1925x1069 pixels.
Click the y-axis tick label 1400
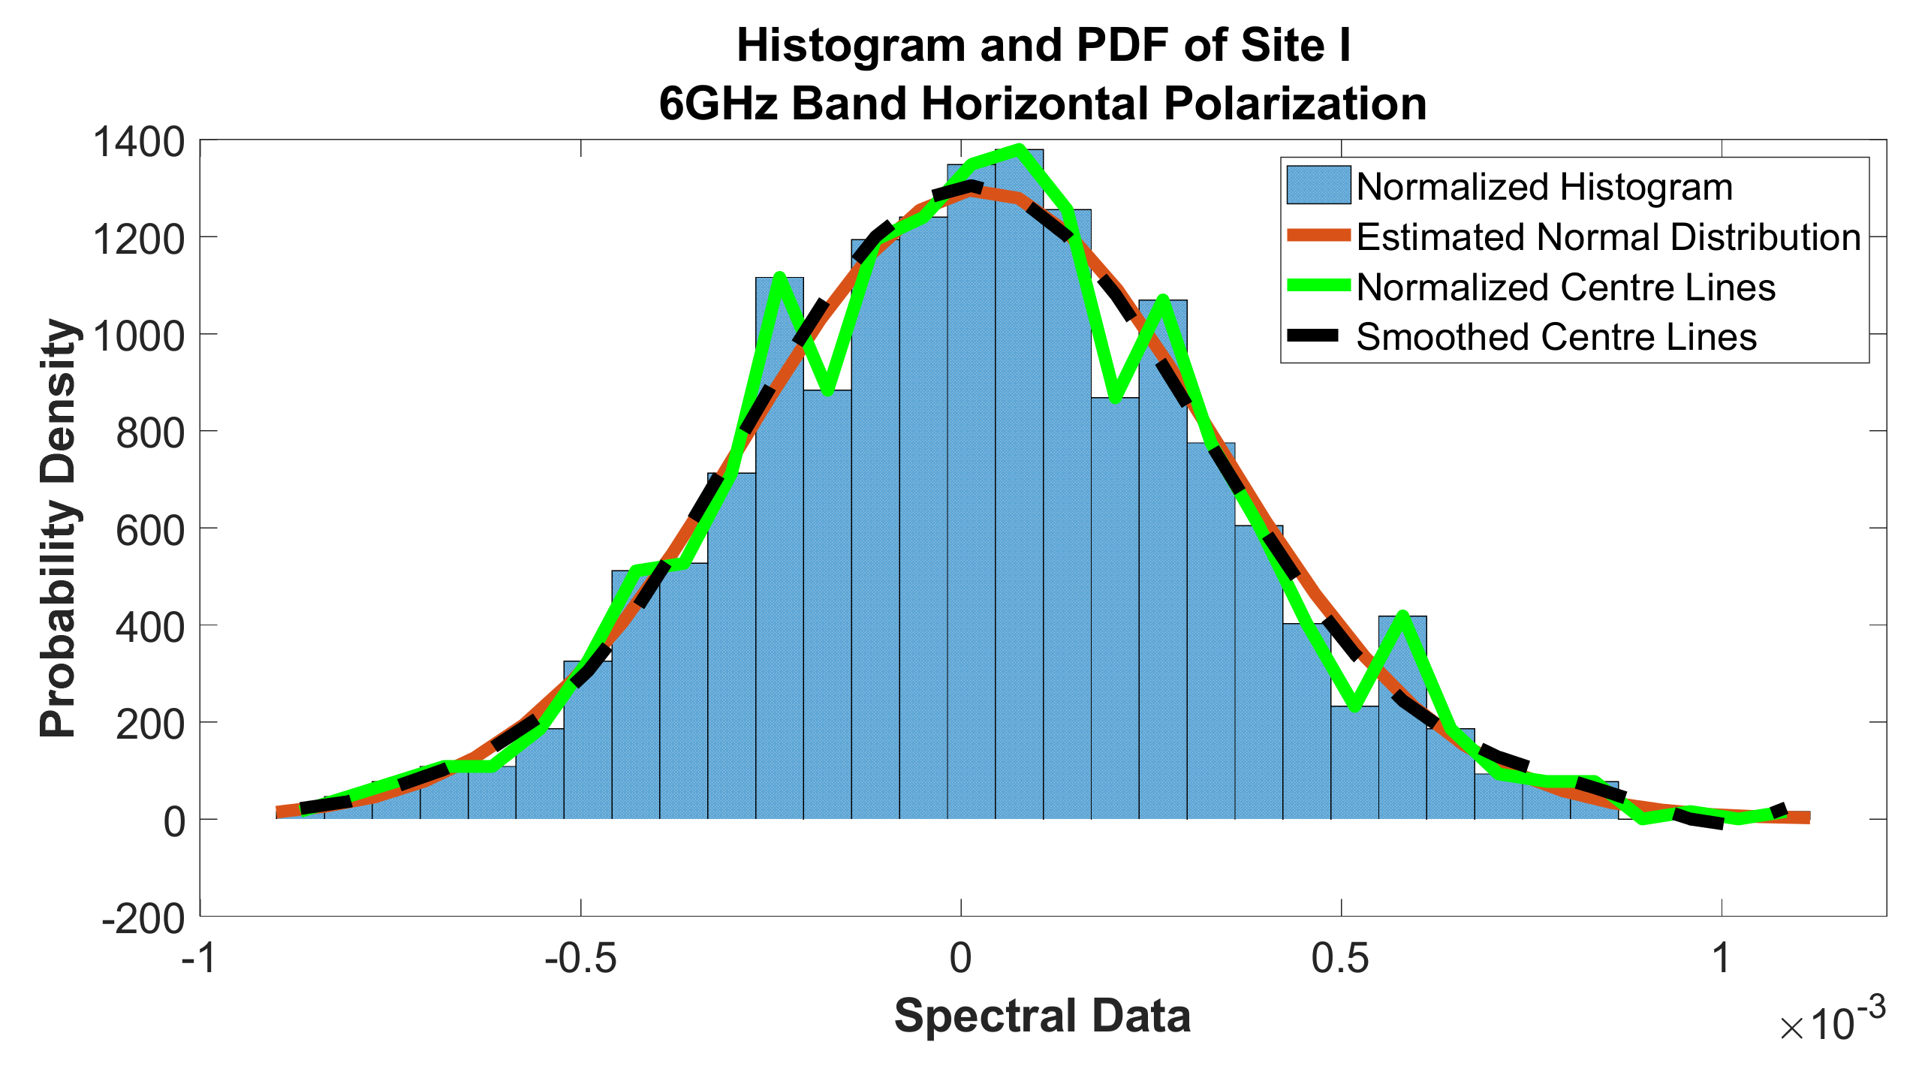point(138,143)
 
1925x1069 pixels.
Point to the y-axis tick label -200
point(143,918)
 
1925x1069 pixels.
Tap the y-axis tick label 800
point(149,434)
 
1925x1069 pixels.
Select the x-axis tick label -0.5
point(580,959)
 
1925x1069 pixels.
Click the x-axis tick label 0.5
point(1340,959)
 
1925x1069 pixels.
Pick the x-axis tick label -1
point(200,959)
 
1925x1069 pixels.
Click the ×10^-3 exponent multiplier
point(1832,1021)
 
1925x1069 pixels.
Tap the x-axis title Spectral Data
point(1042,1016)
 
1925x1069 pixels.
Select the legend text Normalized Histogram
point(1544,187)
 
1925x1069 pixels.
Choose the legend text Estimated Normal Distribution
point(1608,237)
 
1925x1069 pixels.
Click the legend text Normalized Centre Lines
point(1565,288)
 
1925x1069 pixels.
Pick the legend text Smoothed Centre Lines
point(1556,337)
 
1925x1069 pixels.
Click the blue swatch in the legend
point(1318,185)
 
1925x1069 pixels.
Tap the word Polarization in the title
point(1294,104)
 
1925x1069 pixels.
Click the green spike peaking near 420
point(1402,617)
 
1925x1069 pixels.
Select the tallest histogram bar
point(1019,488)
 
